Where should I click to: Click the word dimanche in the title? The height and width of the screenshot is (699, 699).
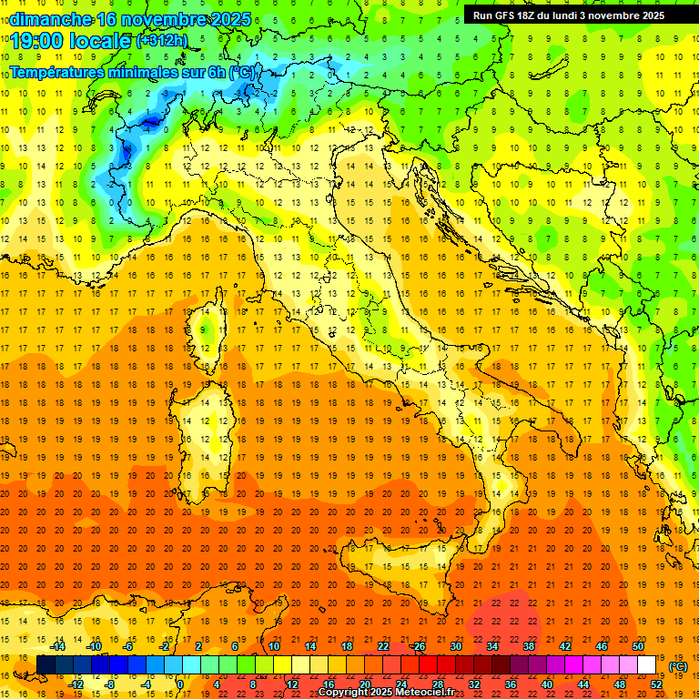point(49,19)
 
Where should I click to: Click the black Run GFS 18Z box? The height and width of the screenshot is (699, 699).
point(569,15)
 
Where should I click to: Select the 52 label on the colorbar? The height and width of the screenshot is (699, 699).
point(656,684)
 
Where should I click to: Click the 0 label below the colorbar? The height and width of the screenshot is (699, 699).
point(180,684)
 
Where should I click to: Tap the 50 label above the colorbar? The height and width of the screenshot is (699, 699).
point(638,645)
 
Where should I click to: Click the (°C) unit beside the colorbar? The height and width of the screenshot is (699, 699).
point(677,665)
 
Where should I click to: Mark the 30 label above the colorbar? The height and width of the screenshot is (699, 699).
point(455,645)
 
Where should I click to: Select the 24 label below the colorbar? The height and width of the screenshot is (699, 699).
point(400,684)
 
